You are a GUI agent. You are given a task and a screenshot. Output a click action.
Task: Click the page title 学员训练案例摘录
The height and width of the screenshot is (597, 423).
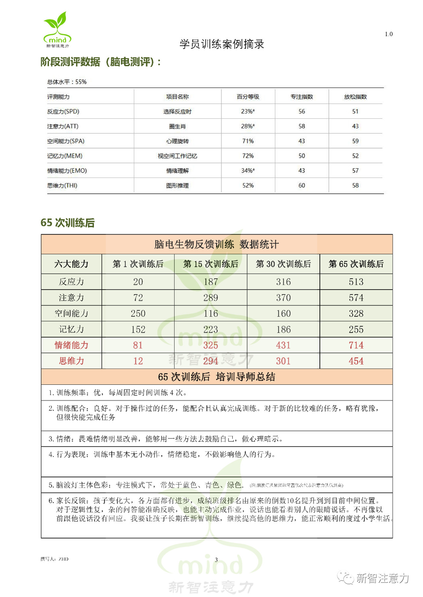click(x=222, y=44)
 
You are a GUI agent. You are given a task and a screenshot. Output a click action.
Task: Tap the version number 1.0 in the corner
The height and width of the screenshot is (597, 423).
click(x=388, y=34)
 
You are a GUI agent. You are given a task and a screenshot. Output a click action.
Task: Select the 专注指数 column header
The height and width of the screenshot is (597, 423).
click(x=302, y=97)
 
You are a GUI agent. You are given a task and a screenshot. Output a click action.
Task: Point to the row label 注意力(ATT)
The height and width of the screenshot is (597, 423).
click(x=62, y=126)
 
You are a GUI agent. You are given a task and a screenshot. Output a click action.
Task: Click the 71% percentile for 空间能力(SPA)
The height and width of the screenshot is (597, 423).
click(x=247, y=141)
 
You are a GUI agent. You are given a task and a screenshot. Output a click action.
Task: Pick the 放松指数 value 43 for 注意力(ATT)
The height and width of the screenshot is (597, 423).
click(x=356, y=126)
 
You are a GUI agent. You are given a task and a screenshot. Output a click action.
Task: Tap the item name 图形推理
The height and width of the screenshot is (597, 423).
click(x=177, y=185)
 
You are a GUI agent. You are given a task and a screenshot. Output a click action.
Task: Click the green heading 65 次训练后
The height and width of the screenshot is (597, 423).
click(x=67, y=223)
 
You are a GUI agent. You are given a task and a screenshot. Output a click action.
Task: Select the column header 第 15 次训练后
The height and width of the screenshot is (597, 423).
click(x=211, y=264)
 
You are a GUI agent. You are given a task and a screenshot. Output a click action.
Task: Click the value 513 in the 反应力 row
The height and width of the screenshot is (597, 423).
click(x=356, y=282)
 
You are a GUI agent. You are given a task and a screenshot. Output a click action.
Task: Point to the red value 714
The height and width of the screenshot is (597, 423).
click(x=356, y=345)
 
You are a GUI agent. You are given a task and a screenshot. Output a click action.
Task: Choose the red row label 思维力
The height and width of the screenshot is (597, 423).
click(x=71, y=361)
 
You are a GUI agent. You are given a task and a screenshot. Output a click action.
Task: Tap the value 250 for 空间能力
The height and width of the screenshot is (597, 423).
click(x=138, y=313)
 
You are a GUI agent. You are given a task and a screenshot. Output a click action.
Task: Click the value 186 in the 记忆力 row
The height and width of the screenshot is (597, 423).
click(x=283, y=330)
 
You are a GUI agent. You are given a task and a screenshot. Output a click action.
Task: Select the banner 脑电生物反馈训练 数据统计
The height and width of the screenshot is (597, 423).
click(x=216, y=244)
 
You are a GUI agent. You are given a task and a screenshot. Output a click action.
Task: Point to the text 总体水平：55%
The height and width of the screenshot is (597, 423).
click(x=67, y=82)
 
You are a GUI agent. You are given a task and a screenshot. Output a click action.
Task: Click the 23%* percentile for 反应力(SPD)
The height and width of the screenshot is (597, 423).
click(x=247, y=111)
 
